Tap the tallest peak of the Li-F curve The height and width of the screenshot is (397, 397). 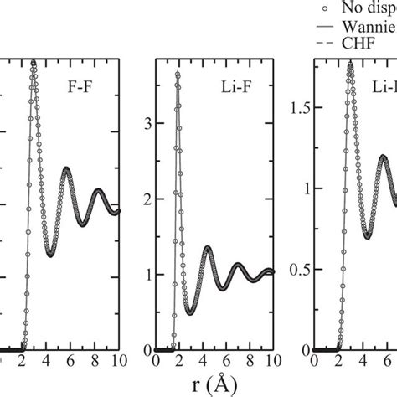pos(177,75)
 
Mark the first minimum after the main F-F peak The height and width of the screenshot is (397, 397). pos(50,255)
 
